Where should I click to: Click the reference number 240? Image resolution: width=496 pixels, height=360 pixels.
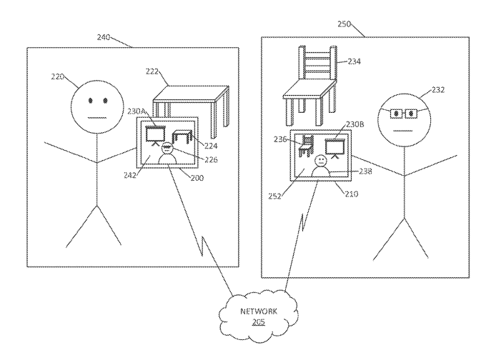click(x=106, y=36)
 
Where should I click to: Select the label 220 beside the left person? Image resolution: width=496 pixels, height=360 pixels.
click(x=60, y=74)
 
